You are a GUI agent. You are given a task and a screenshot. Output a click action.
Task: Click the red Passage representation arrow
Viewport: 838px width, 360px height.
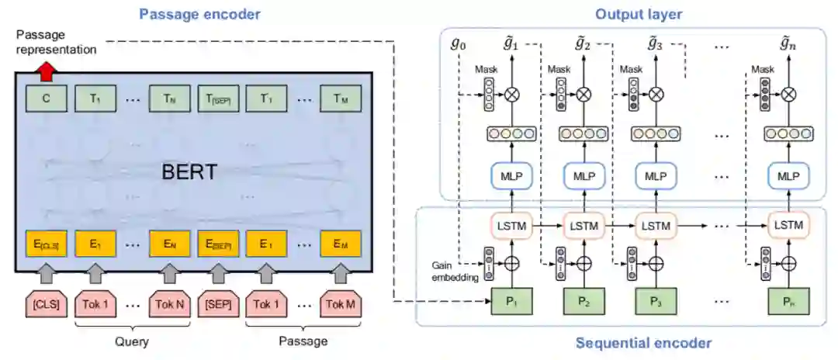coord(46,71)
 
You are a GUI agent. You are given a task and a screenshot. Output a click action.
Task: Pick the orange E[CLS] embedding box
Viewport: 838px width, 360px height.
coord(46,246)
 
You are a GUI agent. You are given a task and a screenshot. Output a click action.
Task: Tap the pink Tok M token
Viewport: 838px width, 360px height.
coord(339,303)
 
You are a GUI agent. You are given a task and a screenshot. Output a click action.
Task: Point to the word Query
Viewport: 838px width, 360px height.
coord(132,341)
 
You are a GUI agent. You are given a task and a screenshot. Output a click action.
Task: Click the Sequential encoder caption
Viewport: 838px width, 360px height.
coord(643,342)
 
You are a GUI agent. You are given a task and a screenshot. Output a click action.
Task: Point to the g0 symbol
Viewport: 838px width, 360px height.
coord(459,43)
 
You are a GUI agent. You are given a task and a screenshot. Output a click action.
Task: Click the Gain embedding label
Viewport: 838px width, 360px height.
coord(455,271)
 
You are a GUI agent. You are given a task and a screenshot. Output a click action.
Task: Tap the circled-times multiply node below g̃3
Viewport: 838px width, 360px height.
coord(656,95)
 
